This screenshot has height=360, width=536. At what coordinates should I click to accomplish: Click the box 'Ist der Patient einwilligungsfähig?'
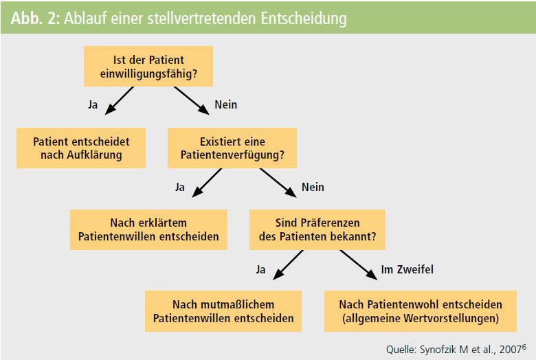coord(148,67)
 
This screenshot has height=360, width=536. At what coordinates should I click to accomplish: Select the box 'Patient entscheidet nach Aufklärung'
coord(81,148)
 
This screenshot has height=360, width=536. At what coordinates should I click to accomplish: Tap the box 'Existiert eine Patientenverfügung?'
coord(232,148)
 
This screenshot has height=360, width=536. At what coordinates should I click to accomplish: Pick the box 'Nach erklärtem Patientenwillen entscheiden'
coord(148,229)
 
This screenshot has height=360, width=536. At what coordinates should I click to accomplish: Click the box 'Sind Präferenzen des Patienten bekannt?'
coord(317,229)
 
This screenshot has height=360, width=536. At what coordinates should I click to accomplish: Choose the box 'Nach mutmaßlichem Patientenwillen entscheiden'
coord(223,311)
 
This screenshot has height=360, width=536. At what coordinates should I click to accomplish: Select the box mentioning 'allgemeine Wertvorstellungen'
coord(421,311)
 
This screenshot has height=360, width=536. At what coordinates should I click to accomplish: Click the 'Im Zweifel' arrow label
coord(407,269)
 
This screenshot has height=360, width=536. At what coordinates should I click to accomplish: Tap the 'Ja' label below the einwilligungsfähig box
coord(93,104)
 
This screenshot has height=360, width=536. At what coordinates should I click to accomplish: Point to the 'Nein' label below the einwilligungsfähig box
coord(225,104)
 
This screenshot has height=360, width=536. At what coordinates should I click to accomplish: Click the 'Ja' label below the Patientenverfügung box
coord(180,187)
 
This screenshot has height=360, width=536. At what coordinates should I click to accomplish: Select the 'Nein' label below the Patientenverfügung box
coord(313,187)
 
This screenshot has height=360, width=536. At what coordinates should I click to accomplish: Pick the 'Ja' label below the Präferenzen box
coord(261,269)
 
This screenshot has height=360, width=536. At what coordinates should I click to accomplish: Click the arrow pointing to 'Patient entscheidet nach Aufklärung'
coord(120,100)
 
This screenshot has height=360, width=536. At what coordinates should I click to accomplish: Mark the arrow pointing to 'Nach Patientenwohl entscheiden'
coord(359,265)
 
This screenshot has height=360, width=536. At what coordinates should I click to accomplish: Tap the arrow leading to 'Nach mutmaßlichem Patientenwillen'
coord(288,265)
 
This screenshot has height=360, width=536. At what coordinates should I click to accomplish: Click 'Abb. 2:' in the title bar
coord(35,18)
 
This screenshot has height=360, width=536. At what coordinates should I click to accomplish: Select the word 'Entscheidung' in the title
coord(304,18)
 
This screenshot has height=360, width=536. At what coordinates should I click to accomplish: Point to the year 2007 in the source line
coord(511,350)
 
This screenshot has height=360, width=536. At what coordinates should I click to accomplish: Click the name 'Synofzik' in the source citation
coord(438,350)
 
